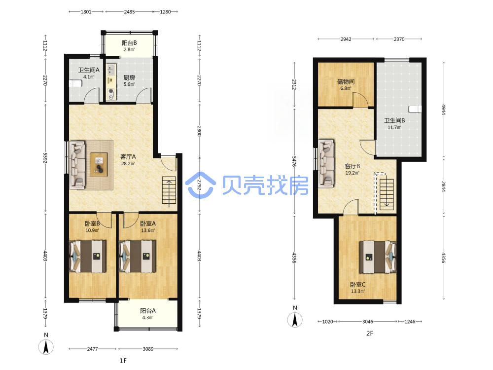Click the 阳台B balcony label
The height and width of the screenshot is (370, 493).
pyautogui.click(x=129, y=43)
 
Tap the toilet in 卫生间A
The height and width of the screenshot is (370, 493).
pyautogui.click(x=75, y=83)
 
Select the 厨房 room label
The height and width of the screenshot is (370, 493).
pyautogui.click(x=129, y=77)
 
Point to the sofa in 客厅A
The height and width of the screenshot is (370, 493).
pyautogui.click(x=77, y=165)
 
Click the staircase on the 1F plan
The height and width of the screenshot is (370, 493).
pyautogui.click(x=169, y=190)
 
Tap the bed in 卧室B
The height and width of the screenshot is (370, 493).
pyautogui.click(x=88, y=257)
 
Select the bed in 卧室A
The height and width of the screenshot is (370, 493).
pyautogui.click(x=138, y=257)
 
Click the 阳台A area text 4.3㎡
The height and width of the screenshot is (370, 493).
pyautogui.click(x=148, y=317)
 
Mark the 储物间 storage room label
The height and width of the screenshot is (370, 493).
pyautogui.click(x=346, y=81)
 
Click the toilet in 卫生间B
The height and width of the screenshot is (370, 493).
pyautogui.click(x=415, y=109)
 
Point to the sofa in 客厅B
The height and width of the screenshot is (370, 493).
pyautogui.click(x=326, y=164)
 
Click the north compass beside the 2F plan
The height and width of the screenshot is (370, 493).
pyautogui.click(x=295, y=320)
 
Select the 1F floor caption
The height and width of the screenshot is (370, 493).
pyautogui.click(x=123, y=361)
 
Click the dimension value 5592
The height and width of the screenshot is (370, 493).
pyautogui.click(x=45, y=158)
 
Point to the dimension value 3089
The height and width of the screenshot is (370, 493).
pyautogui.click(x=148, y=349)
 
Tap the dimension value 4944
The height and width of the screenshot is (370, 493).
pyautogui.click(x=444, y=110)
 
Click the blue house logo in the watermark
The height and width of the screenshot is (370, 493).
pyautogui.click(x=201, y=185)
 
